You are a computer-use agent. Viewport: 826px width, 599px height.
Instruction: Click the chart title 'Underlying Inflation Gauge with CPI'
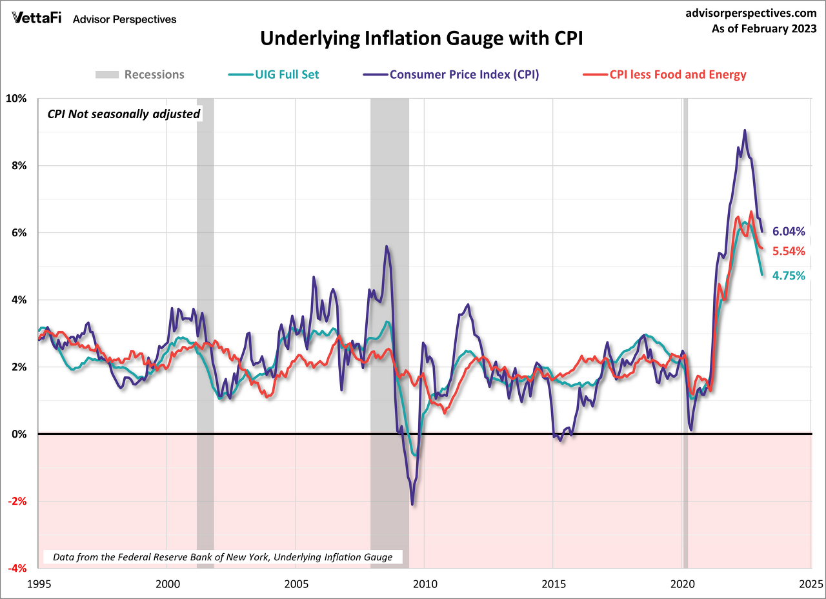point(421,39)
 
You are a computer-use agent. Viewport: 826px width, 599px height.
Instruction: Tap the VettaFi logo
point(37,18)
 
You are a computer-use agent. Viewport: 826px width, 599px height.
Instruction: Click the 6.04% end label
point(789,232)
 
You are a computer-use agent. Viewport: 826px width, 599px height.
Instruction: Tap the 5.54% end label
point(789,251)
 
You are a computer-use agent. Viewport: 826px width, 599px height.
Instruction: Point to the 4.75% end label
point(789,276)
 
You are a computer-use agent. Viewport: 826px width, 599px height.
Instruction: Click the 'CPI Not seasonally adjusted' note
point(124,114)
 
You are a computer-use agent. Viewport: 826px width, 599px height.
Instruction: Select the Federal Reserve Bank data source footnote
point(223,556)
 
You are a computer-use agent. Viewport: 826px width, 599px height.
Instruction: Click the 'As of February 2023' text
point(765,28)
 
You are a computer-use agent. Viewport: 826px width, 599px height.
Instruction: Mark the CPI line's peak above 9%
point(745,130)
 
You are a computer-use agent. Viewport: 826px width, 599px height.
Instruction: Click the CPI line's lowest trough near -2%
point(412,504)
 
